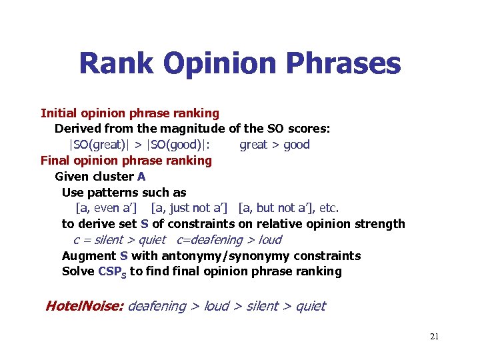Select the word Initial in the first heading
pyautogui.click(x=58, y=113)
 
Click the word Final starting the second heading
pyautogui.click(x=55, y=161)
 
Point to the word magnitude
pyautogui.click(x=198, y=128)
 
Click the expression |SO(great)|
pyautogui.click(x=100, y=145)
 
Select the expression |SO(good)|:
pyautogui.click(x=175, y=145)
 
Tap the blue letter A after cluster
pyautogui.click(x=141, y=177)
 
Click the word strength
pyautogui.click(x=379, y=224)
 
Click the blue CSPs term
pyautogui.click(x=112, y=272)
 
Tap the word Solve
pyautogui.click(x=78, y=272)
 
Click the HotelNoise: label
pyautogui.click(x=84, y=307)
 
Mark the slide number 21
pyautogui.click(x=434, y=337)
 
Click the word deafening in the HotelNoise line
pyautogui.click(x=157, y=307)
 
